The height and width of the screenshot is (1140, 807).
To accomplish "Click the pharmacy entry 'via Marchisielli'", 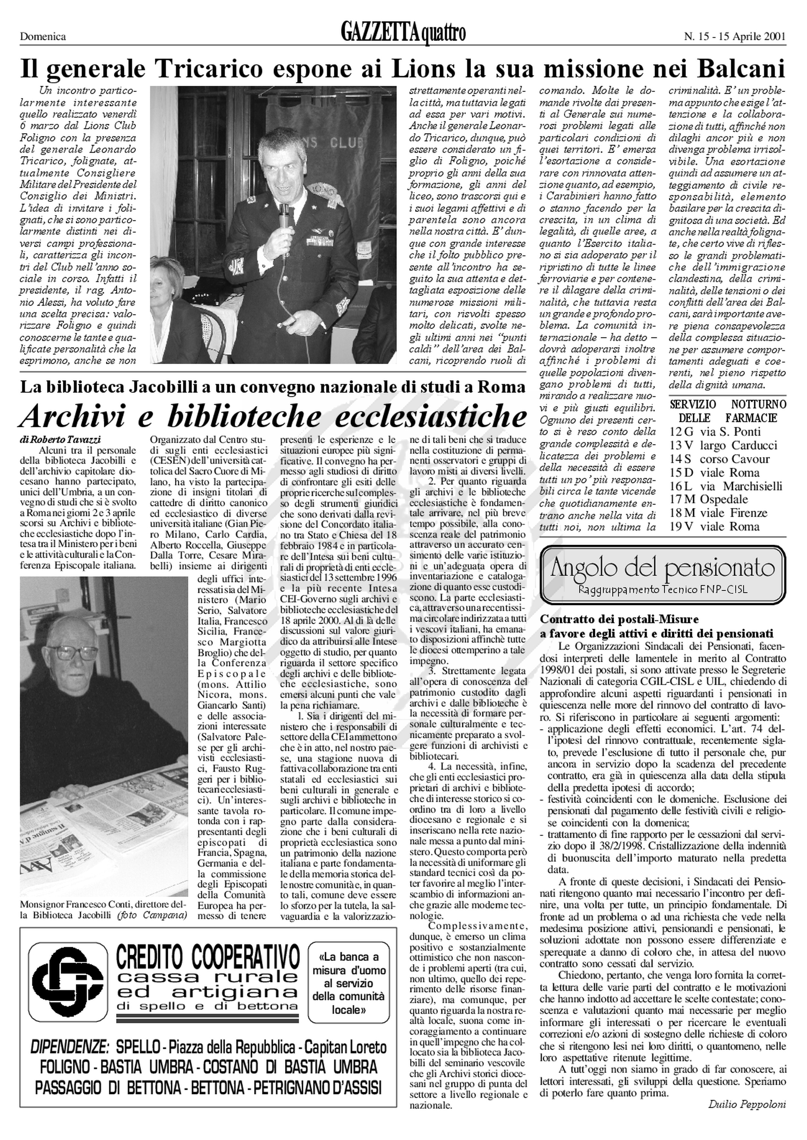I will tap(741, 486).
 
